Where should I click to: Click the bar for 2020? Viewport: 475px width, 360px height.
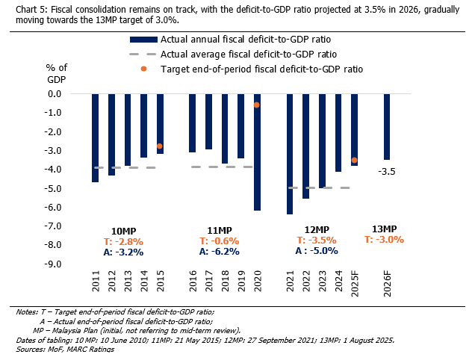(257, 152)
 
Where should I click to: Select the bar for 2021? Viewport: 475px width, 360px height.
(290, 155)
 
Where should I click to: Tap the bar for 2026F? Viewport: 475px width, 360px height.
(387, 127)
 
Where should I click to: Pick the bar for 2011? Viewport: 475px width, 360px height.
(95, 138)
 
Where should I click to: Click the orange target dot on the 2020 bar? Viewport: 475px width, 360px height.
(257, 105)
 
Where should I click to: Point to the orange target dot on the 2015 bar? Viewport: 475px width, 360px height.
(160, 146)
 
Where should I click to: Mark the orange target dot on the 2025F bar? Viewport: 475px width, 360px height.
(354, 160)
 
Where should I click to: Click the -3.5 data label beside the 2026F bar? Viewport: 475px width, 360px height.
(387, 172)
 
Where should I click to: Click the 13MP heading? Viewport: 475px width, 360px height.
(384, 229)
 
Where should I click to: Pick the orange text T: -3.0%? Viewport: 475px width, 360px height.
(384, 240)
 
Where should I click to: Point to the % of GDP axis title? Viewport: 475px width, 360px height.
(56, 74)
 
